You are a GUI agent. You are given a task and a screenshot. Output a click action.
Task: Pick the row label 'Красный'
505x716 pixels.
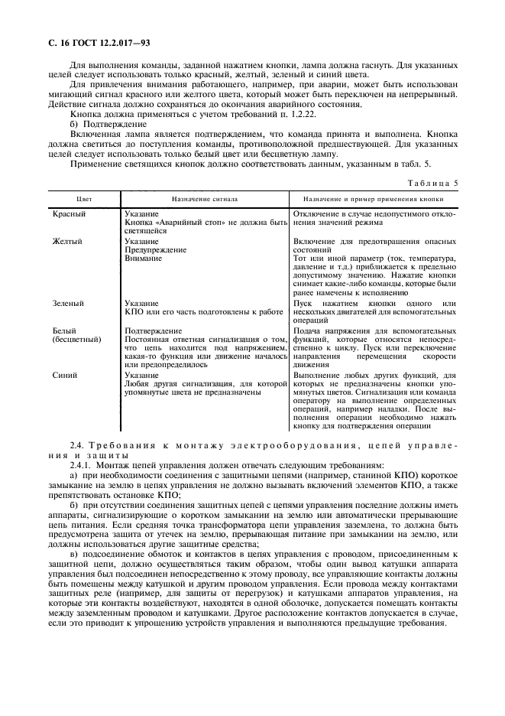(69, 214)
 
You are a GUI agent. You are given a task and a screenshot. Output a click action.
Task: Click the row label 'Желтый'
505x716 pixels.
(67, 242)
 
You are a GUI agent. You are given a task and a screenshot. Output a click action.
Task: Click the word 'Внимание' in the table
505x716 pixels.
(143, 259)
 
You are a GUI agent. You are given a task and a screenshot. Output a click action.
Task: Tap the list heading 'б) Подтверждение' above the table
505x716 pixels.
(97, 122)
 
